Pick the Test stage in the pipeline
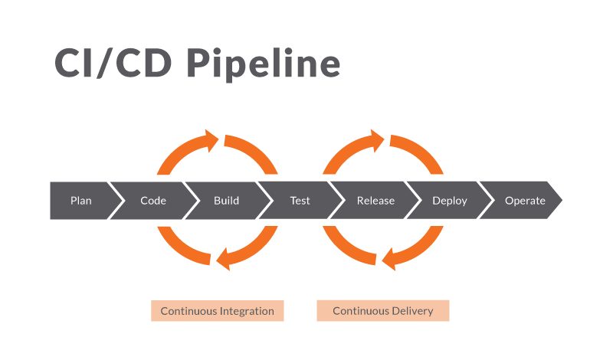[x=300, y=201]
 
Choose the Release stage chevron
[x=375, y=201]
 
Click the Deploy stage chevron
[x=450, y=201]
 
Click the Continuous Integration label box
[x=218, y=311]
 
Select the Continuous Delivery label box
[x=383, y=311]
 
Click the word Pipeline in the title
[x=264, y=64]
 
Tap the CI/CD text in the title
[x=113, y=63]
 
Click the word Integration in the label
[x=247, y=312]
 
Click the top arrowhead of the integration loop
[x=211, y=141]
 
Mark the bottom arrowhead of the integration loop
[x=223, y=259]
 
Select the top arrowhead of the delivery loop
[x=377, y=141]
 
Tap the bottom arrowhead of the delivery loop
[x=388, y=259]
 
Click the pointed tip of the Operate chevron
[x=562, y=201]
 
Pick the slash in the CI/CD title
[x=105, y=62]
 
